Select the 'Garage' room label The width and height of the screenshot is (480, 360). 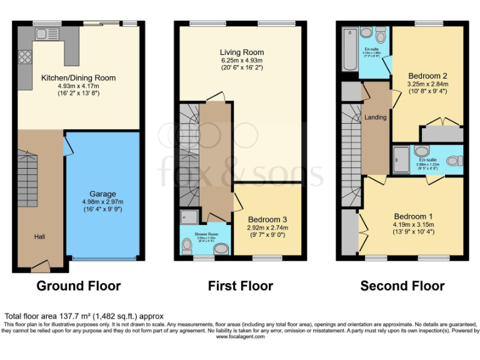tap(102, 194)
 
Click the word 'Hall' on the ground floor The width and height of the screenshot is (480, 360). tap(40, 237)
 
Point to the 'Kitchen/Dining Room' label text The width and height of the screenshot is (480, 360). tap(78, 78)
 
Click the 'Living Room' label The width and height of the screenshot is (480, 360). tap(241, 52)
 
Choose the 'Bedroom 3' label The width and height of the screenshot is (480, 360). tap(267, 219)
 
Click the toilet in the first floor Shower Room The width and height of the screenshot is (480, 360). tap(187, 248)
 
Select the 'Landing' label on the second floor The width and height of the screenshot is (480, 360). tap(375, 117)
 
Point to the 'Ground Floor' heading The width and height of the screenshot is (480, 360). tap(78, 286)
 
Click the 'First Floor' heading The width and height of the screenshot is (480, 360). tap(241, 286)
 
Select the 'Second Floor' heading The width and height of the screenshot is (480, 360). tap(402, 286)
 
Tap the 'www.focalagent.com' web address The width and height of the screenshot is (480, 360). tap(240, 336)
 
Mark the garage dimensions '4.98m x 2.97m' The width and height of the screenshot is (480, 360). tap(102, 202)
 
